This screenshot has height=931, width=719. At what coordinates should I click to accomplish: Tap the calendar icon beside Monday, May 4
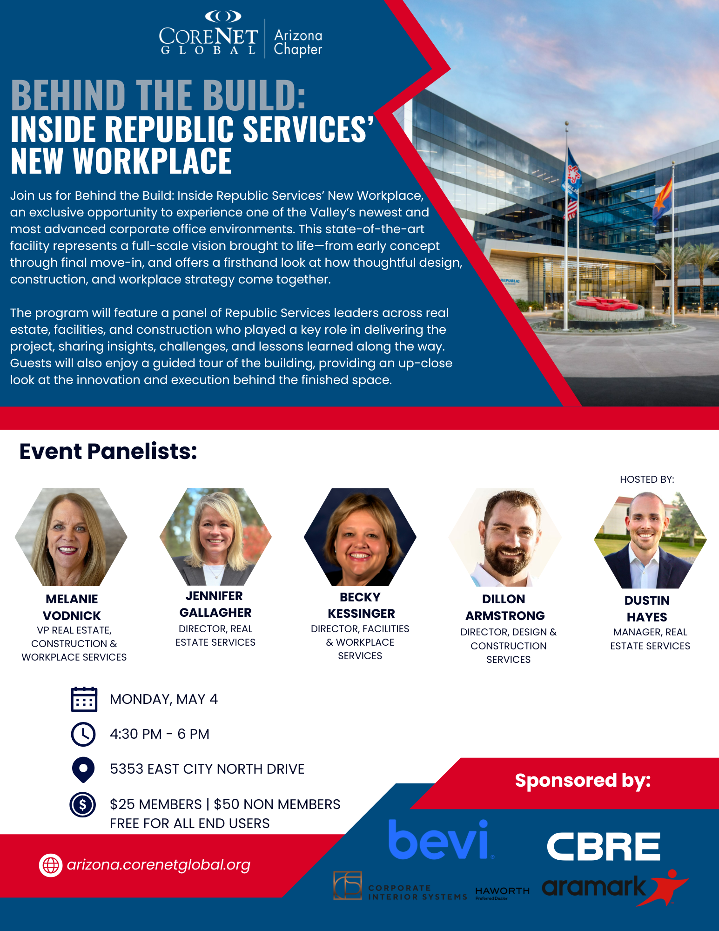click(x=84, y=699)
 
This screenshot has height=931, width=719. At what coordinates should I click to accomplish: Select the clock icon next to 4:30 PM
click(x=83, y=734)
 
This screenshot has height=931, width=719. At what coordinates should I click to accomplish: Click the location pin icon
click(x=83, y=769)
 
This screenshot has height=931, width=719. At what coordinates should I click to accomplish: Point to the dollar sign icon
click(x=83, y=804)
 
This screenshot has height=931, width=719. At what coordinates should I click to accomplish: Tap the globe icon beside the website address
click(x=51, y=865)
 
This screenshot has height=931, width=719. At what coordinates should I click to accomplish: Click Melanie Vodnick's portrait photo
click(x=71, y=537)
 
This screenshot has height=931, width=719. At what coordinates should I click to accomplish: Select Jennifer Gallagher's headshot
click(x=215, y=537)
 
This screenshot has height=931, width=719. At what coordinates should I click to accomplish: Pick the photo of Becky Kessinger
click(x=360, y=537)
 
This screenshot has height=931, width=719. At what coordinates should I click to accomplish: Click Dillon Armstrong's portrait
click(x=505, y=537)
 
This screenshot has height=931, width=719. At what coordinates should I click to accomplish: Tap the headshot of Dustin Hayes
click(x=650, y=540)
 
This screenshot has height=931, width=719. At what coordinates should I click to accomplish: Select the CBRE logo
click(x=604, y=846)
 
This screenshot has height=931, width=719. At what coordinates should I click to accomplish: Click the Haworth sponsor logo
click(x=503, y=892)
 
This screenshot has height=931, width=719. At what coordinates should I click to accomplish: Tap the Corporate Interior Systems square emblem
click(x=348, y=885)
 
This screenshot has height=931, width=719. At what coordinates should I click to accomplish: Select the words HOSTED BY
click(x=647, y=479)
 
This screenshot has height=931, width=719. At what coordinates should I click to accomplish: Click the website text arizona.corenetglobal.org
click(x=159, y=865)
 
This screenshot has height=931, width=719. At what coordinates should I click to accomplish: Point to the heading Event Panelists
click(x=108, y=451)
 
